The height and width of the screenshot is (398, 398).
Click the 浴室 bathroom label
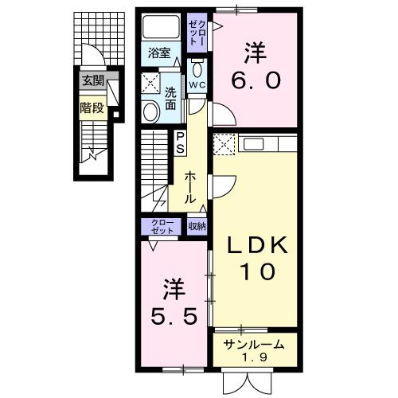tap(159, 54)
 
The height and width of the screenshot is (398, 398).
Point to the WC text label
tap(197, 83)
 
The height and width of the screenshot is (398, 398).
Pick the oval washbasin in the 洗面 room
tap(150, 111)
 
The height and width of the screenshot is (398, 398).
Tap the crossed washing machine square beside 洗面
tap(150, 84)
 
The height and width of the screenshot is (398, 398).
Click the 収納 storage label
tap(197, 227)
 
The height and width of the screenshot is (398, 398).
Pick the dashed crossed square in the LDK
tap(224, 145)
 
